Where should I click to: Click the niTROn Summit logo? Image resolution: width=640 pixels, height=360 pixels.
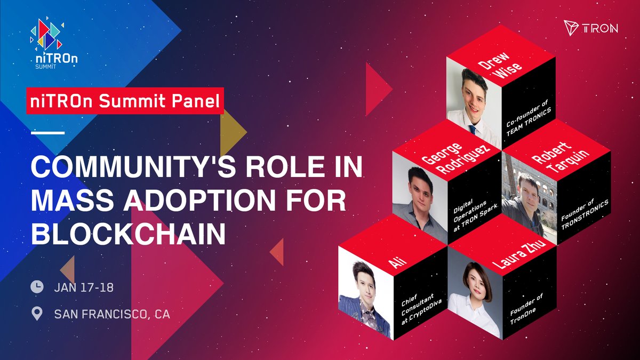click(x=54, y=44)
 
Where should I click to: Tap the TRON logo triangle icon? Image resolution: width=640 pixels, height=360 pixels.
click(x=571, y=28)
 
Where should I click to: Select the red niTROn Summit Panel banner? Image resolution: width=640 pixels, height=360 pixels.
click(x=125, y=101)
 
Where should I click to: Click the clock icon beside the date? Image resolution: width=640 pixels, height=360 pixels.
click(x=37, y=287)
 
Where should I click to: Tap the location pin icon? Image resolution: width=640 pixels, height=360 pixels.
click(x=37, y=314)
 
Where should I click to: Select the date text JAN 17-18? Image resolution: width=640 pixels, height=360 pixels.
click(x=84, y=287)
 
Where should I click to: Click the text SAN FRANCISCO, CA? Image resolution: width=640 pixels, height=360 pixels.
click(x=112, y=314)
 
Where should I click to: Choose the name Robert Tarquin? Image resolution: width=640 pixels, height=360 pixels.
click(x=559, y=157)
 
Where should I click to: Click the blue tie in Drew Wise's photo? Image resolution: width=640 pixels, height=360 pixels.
click(x=473, y=130)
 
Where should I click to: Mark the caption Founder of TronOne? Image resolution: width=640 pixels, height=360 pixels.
click(x=526, y=309)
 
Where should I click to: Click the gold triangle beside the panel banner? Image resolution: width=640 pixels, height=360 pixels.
click(x=233, y=132)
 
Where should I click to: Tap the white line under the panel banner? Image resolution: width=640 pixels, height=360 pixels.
click(x=47, y=133)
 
